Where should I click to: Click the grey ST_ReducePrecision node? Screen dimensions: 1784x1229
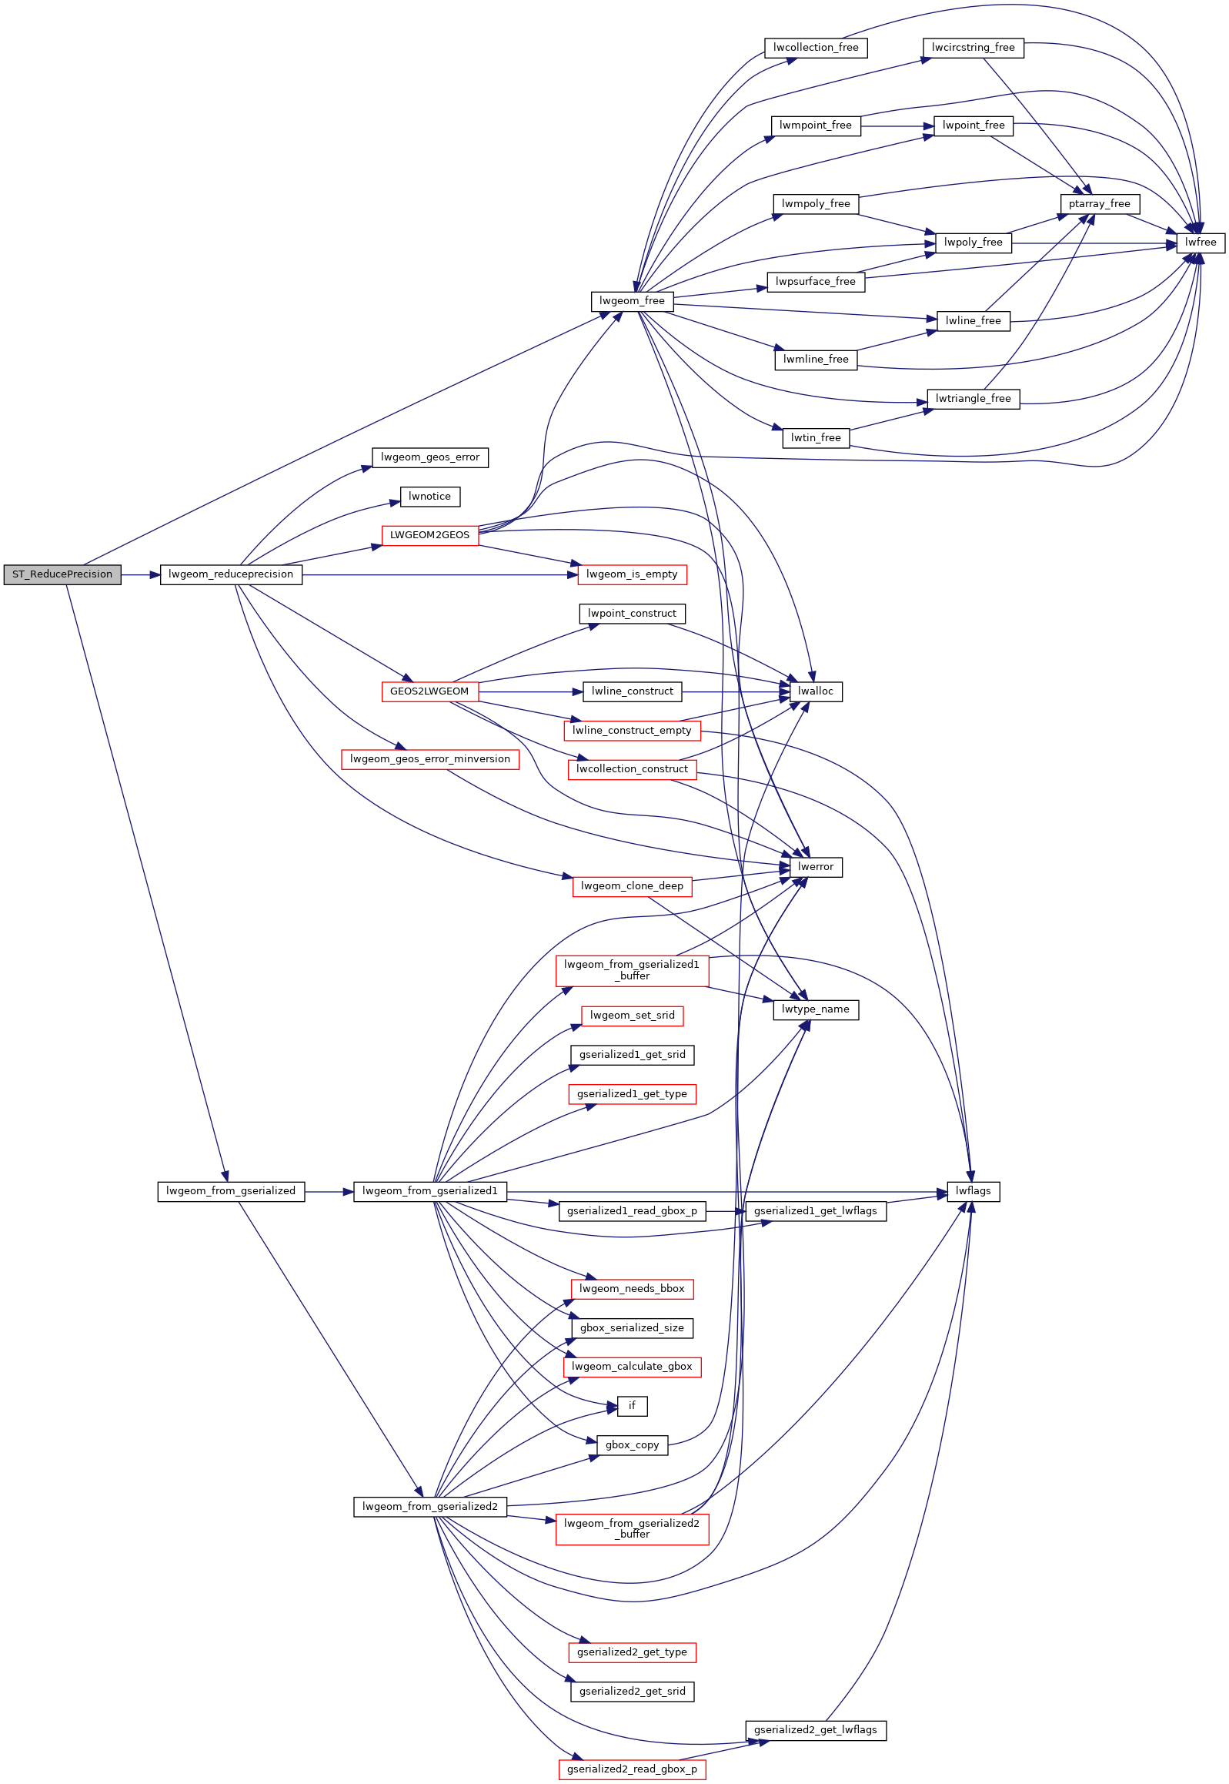(62, 574)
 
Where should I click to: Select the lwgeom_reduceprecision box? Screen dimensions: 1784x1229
(231, 574)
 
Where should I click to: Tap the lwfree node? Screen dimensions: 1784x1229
(1200, 243)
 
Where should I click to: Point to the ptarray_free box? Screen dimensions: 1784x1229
(1099, 204)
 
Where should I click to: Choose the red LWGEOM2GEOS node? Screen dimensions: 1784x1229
(429, 535)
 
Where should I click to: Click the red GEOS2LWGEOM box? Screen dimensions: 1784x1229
(429, 691)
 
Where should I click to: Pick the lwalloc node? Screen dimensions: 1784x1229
(816, 691)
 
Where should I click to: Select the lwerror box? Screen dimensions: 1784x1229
(816, 867)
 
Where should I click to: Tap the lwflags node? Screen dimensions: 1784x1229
(974, 1192)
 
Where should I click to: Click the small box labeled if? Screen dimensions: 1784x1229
(633, 1407)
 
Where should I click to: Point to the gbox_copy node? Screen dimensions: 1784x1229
(633, 1445)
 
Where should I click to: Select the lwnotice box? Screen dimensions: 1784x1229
(429, 497)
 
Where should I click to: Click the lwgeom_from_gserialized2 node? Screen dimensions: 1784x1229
(429, 1507)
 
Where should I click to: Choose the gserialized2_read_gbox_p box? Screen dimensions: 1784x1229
(633, 1769)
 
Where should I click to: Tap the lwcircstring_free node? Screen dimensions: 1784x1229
(974, 48)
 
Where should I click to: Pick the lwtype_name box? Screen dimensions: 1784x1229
(816, 1010)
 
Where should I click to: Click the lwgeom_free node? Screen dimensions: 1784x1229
(633, 301)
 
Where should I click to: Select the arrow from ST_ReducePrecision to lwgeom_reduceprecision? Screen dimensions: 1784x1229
(140, 574)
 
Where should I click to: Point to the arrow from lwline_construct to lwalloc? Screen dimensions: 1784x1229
(736, 691)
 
